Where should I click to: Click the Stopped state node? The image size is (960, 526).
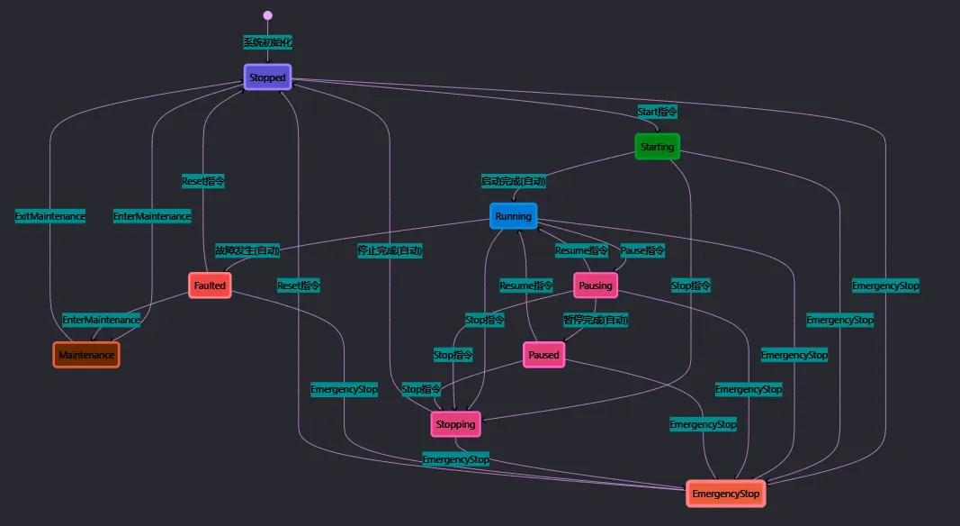(x=267, y=77)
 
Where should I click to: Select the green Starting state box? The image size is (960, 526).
(x=657, y=147)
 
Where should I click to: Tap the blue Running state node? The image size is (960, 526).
(x=513, y=216)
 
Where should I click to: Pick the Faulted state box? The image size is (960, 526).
(x=210, y=286)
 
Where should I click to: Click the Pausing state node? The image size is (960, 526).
(x=595, y=286)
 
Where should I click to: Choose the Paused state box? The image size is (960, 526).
(x=543, y=355)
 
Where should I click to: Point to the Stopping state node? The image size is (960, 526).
(x=455, y=424)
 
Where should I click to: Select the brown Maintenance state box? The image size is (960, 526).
(x=86, y=355)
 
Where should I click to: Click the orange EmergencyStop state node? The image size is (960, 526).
(x=726, y=494)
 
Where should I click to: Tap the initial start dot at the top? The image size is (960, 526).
(x=267, y=15)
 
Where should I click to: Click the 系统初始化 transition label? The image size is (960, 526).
(x=267, y=42)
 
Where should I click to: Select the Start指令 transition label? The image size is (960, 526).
(x=657, y=112)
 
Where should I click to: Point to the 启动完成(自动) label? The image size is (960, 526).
(x=513, y=181)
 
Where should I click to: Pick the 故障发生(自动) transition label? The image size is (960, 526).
(x=247, y=250)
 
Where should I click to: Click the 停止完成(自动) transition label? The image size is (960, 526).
(x=390, y=250)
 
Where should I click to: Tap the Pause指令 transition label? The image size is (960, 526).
(x=642, y=250)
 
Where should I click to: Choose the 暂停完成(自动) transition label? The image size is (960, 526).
(x=595, y=320)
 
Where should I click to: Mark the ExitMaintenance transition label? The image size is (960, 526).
(x=50, y=216)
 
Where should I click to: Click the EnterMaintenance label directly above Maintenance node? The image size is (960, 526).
(x=101, y=320)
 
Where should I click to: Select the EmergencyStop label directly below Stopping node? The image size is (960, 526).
(x=456, y=459)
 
